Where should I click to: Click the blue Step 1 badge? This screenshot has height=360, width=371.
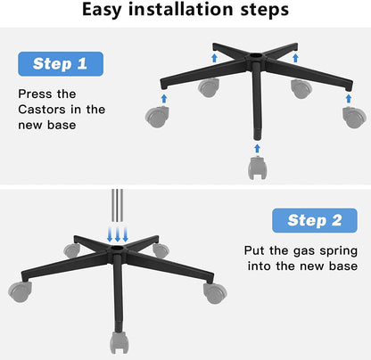pyautogui.click(x=61, y=64)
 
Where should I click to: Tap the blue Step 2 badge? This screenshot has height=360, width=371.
pyautogui.click(x=315, y=220)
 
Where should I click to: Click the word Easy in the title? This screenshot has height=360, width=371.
pyautogui.click(x=102, y=10)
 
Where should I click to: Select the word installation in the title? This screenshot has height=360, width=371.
pyautogui.click(x=181, y=9)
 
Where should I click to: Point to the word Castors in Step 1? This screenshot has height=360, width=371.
pyautogui.click(x=42, y=110)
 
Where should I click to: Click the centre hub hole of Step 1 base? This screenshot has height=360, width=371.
pyautogui.click(x=255, y=55)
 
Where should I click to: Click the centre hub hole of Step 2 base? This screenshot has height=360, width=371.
pyautogui.click(x=118, y=248)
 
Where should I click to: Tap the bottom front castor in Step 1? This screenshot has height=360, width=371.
pyautogui.click(x=258, y=168)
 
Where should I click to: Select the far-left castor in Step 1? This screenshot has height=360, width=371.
pyautogui.click(x=157, y=117)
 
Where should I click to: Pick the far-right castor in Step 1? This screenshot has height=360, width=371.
pyautogui.click(x=354, y=118)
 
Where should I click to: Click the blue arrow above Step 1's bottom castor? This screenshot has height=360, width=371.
pyautogui.click(x=258, y=149)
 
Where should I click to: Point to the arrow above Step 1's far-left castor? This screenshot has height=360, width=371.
pyautogui.click(x=164, y=98)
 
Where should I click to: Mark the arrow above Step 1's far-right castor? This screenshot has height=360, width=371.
pyautogui.click(x=349, y=98)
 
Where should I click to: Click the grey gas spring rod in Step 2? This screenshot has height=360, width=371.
pyautogui.click(x=118, y=206)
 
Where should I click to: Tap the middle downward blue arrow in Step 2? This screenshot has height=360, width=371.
pyautogui.click(x=118, y=233)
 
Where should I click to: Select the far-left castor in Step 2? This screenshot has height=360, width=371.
pyautogui.click(x=21, y=292)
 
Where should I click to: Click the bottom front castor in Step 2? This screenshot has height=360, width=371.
pyautogui.click(x=120, y=342)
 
